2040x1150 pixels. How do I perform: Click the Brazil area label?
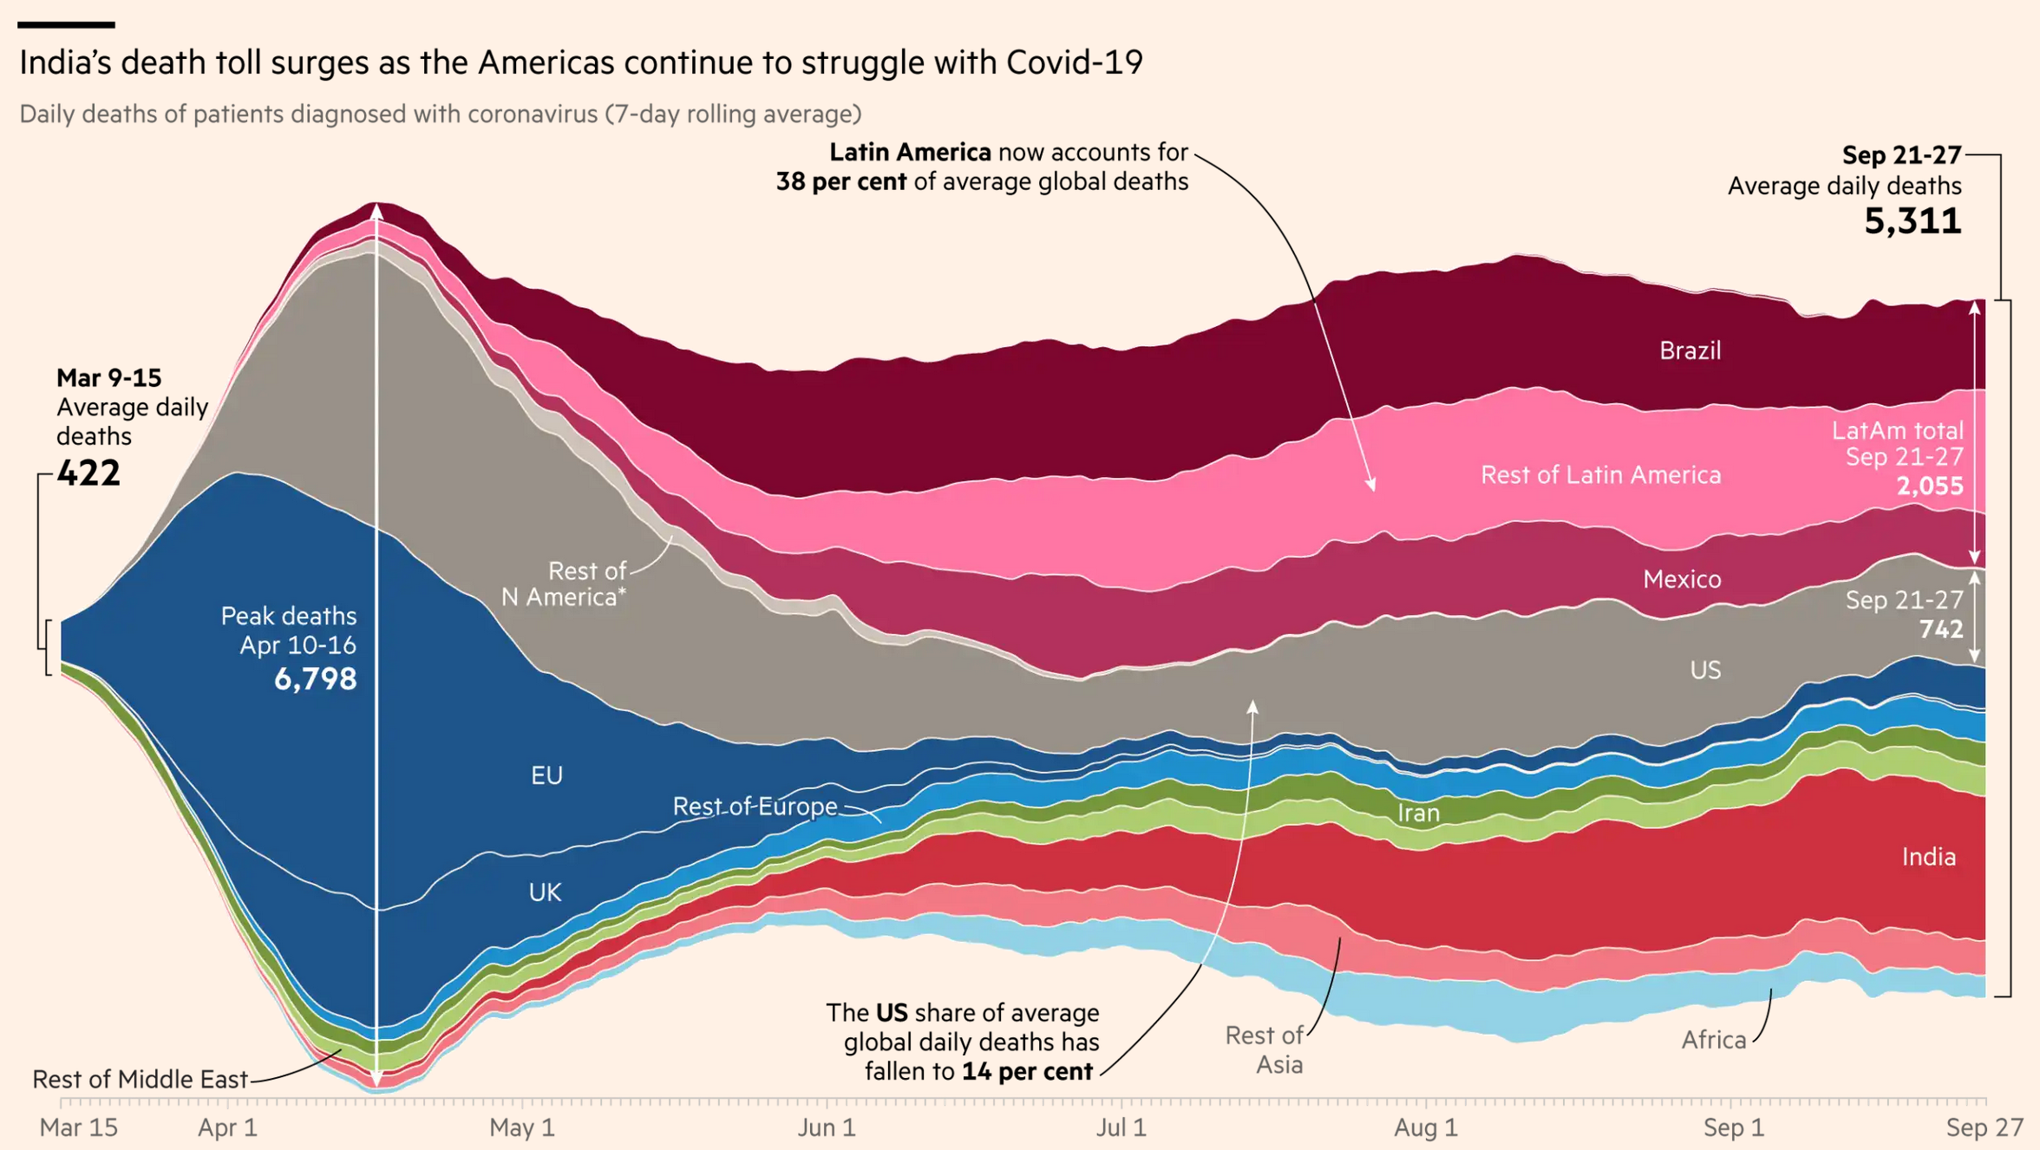tap(1690, 350)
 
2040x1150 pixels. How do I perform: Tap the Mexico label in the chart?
tap(1682, 579)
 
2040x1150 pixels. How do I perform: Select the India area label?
tap(1928, 857)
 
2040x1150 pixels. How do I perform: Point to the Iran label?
tap(1418, 813)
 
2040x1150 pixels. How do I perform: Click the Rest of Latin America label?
tap(1600, 475)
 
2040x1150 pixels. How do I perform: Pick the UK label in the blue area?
tap(545, 892)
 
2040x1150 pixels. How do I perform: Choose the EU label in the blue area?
tap(546, 775)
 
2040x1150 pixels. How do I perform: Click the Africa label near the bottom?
tap(1713, 1040)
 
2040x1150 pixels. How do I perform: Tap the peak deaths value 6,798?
tap(315, 679)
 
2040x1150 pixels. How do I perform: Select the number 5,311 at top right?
tap(1912, 222)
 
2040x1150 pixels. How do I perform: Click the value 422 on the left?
tap(88, 474)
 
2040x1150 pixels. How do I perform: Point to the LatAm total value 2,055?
tap(1930, 486)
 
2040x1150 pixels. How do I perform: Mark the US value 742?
tap(1941, 629)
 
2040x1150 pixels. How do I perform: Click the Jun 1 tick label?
tap(826, 1127)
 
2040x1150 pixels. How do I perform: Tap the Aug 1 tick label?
tap(1425, 1127)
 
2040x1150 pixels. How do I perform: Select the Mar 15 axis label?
tap(78, 1127)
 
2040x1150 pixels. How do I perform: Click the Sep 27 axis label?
tap(1984, 1127)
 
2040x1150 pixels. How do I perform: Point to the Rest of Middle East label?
tap(140, 1080)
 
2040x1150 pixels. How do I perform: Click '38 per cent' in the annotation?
tap(840, 182)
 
